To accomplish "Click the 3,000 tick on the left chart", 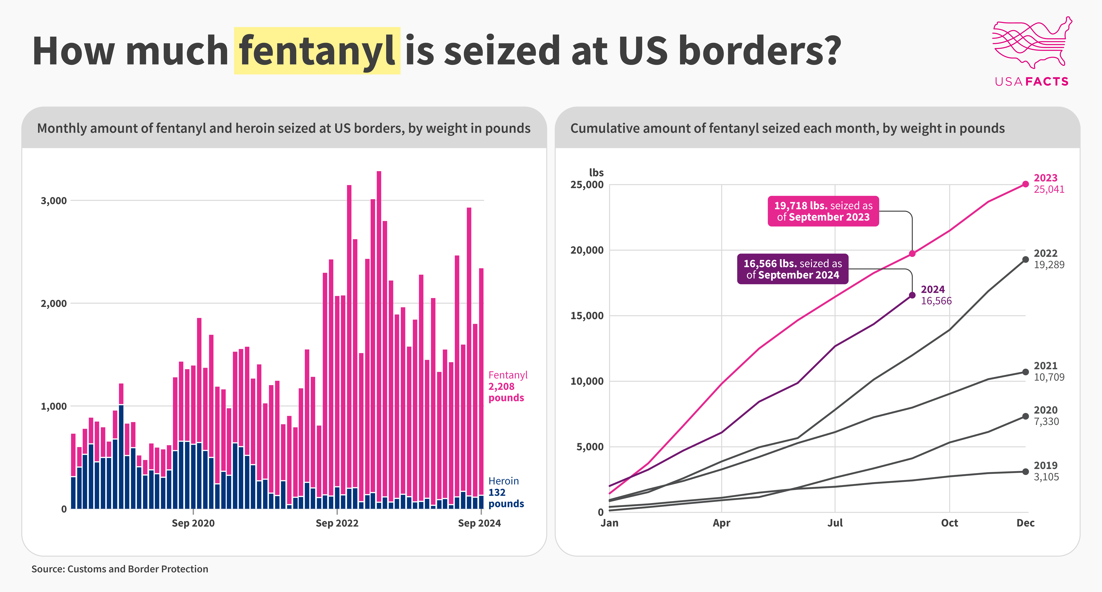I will (54, 201).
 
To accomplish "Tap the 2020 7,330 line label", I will (1046, 416).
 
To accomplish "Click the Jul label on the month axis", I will (835, 523).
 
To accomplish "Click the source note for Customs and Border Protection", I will (120, 569).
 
